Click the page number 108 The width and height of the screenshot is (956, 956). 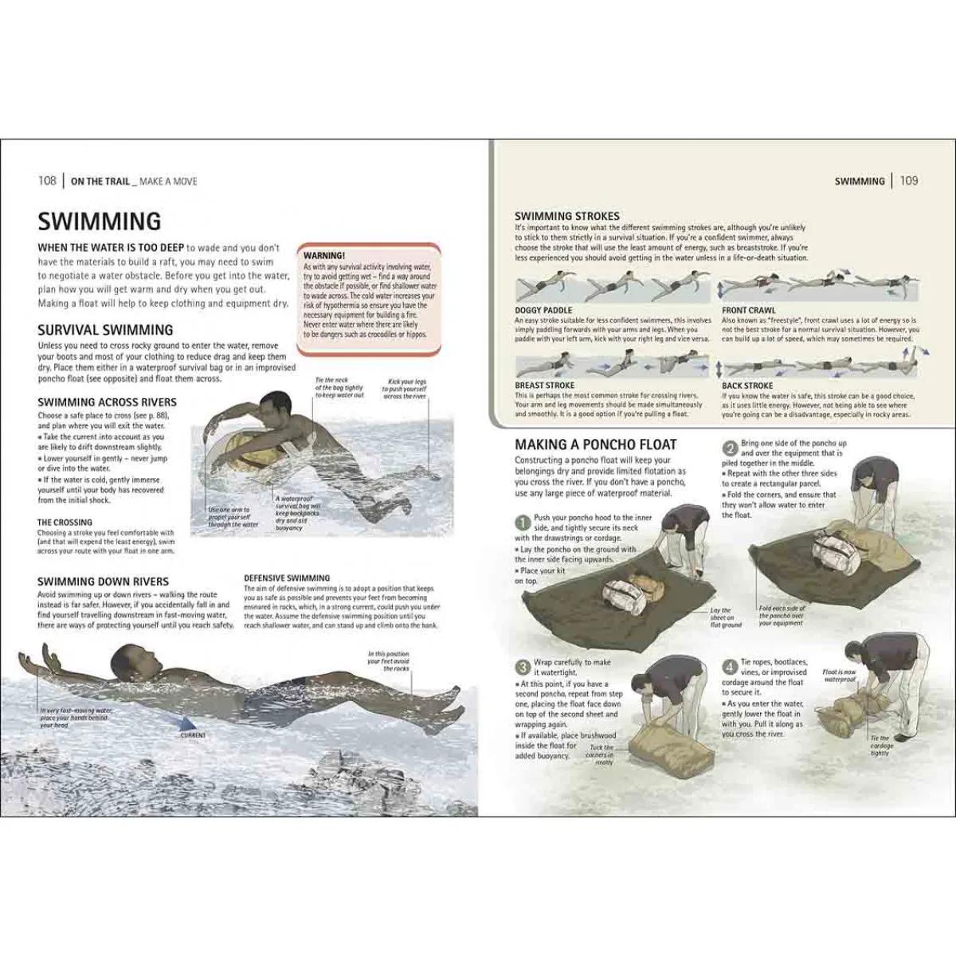coord(47,181)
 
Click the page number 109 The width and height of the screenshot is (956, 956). coord(909,181)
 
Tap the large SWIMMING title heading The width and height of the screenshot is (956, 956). coord(100,221)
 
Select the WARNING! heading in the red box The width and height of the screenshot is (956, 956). coord(324,255)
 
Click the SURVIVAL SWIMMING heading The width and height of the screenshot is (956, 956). coord(105,329)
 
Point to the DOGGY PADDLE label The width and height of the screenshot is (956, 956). coord(543,311)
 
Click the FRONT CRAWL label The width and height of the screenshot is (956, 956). coord(748,311)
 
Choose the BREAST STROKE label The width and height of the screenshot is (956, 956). coord(544,386)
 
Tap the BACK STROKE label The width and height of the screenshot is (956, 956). coord(747,386)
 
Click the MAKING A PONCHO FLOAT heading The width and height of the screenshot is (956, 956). coord(595,445)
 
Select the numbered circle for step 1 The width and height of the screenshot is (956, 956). coord(523,523)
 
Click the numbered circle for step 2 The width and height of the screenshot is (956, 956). coord(729,449)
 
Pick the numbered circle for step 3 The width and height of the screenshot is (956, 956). coord(523,668)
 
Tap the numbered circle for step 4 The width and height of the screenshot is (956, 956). coord(729,668)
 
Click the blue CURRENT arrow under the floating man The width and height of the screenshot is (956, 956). coord(182,723)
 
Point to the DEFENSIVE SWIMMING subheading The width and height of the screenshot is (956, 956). coord(287,578)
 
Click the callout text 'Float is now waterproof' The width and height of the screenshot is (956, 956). coord(840,676)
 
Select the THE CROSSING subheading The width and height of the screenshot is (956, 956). coord(65,523)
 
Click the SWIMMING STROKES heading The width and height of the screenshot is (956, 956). coord(566,216)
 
